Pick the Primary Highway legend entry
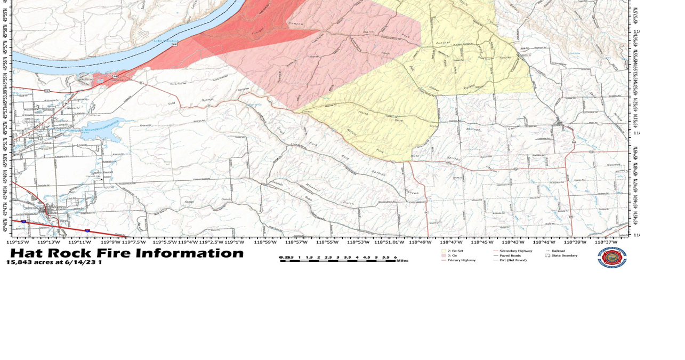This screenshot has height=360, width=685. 461,260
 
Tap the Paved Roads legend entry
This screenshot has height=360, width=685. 510,255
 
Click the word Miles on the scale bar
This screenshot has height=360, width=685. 402,261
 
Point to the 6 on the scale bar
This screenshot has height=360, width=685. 395,257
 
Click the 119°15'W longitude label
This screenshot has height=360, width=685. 18,242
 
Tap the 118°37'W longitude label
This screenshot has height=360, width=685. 607,242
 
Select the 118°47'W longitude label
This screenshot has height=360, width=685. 451,242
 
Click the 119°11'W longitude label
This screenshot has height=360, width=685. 80,242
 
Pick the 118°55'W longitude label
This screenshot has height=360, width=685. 327,242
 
